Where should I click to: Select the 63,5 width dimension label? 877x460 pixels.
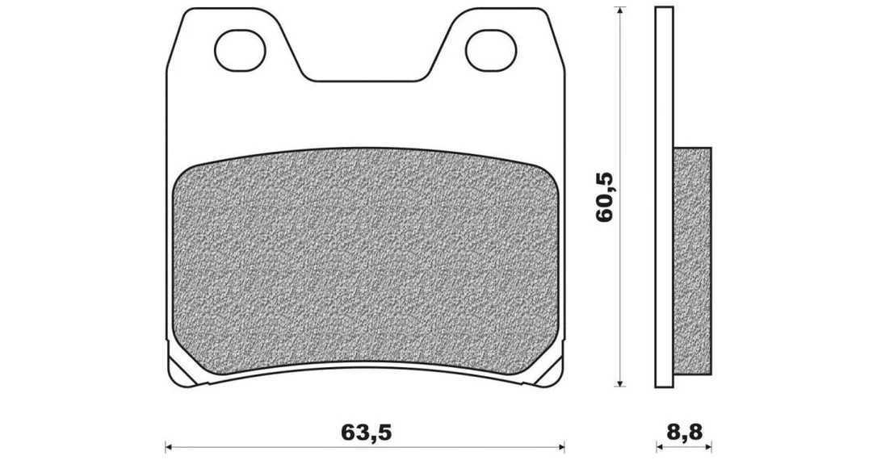[x=365, y=432]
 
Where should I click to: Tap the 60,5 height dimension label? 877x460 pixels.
[x=605, y=197]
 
